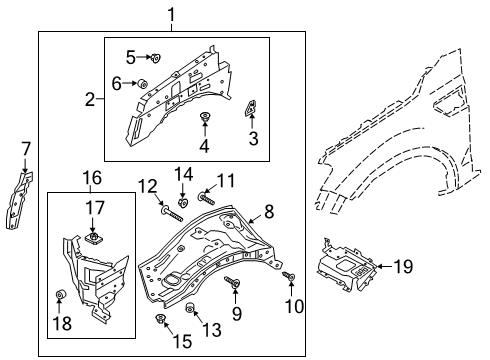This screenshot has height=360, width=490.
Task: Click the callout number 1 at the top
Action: pos(171,14)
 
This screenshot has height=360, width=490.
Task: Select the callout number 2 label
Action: pos(89,99)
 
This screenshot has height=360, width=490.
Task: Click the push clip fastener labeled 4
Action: pos(205,119)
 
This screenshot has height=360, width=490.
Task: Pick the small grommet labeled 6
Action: pos(142,83)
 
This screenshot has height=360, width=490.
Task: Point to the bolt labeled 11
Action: pos(205,199)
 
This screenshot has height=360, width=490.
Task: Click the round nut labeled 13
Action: pos(189,307)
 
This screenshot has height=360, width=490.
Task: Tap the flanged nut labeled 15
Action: pos(159,320)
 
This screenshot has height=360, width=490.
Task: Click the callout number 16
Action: pos(91,177)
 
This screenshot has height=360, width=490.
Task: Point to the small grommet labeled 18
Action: pos(60,296)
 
